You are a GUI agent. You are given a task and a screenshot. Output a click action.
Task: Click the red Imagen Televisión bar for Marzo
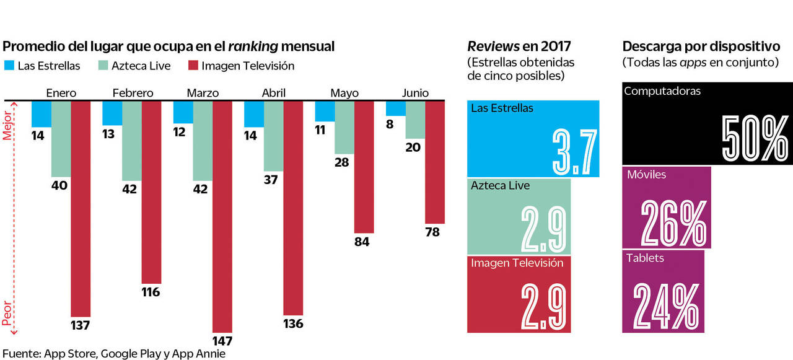(222, 217)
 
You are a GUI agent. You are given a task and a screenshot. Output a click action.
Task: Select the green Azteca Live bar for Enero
(61, 139)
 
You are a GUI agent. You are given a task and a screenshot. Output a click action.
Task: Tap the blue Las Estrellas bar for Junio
(395, 108)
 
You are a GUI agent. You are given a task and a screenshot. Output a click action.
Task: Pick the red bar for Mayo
(364, 167)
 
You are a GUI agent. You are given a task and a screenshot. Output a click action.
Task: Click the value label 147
(222, 341)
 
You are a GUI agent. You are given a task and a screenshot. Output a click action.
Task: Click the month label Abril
(273, 93)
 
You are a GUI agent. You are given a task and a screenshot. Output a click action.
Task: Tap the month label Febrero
(133, 93)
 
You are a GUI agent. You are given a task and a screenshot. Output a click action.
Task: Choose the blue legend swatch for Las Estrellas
(9, 65)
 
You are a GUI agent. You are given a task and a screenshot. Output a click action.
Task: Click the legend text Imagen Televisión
(248, 66)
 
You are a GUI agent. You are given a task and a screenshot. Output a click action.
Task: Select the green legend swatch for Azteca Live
(103, 65)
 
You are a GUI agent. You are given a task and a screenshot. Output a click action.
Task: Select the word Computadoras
(662, 91)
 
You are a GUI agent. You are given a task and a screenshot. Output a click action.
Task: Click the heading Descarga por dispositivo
(700, 46)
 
